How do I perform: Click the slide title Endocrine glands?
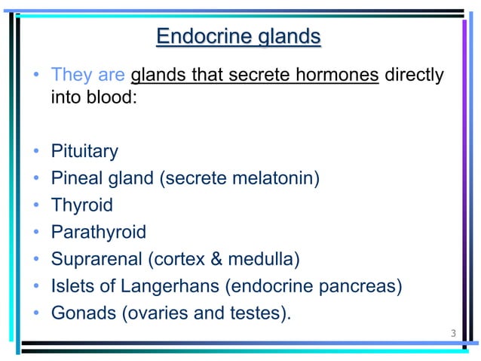tap(238, 37)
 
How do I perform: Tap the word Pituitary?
tap(84, 152)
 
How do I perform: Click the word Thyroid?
tap(81, 205)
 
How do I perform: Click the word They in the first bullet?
tap(72, 76)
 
